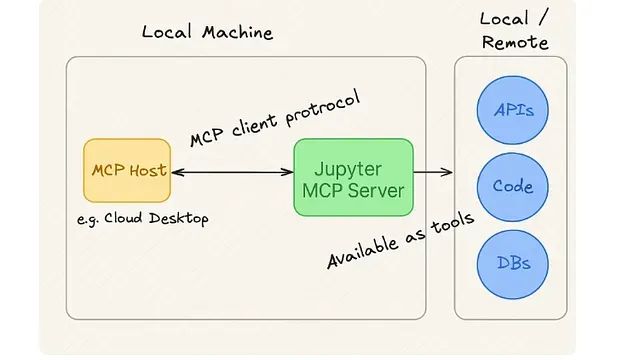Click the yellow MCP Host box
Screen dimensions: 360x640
pyautogui.click(x=128, y=171)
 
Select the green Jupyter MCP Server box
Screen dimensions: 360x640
pyautogui.click(x=353, y=177)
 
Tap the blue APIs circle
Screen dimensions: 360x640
pyautogui.click(x=513, y=110)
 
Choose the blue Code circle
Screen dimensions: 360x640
pyautogui.click(x=513, y=187)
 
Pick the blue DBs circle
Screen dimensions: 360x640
pyautogui.click(x=513, y=264)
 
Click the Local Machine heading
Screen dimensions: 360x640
pyautogui.click(x=207, y=32)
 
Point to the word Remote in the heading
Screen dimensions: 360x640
pyautogui.click(x=515, y=42)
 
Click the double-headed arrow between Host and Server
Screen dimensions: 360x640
pyautogui.click(x=232, y=173)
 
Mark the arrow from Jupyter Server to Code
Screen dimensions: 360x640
pyautogui.click(x=433, y=173)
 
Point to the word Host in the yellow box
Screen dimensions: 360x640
pyautogui.click(x=148, y=170)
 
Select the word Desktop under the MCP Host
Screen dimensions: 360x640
pyautogui.click(x=178, y=219)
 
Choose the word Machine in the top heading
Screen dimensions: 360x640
pyautogui.click(x=238, y=32)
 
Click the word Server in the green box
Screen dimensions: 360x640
pyautogui.click(x=375, y=189)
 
